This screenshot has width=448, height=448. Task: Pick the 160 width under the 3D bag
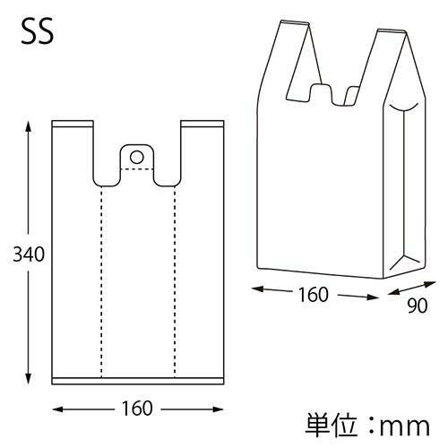[x=312, y=294]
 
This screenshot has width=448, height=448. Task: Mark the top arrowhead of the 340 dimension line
[x=29, y=123]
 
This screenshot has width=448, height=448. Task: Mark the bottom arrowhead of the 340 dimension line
[x=29, y=381]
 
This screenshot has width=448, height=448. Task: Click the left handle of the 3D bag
[x=285, y=54]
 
